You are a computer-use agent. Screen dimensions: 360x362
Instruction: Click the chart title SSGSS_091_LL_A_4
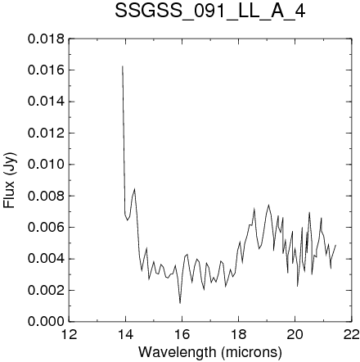[x=210, y=11]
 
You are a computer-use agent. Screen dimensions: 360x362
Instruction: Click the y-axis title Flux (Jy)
[x=10, y=181]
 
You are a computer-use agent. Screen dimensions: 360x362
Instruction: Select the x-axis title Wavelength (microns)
[x=210, y=352]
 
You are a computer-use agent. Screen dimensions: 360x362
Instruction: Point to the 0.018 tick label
[x=46, y=39]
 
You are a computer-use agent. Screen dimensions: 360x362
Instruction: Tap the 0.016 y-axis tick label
[x=46, y=70]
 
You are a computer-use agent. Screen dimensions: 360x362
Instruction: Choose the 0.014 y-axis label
[x=46, y=102]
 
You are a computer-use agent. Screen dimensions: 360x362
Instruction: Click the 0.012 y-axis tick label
[x=46, y=133]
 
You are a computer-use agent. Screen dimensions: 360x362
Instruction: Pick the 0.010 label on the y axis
[x=46, y=165]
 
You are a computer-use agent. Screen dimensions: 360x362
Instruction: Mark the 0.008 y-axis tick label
[x=46, y=196]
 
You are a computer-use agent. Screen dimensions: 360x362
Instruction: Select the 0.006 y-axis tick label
[x=46, y=227]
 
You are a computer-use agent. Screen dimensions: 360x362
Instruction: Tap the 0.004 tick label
[x=46, y=259]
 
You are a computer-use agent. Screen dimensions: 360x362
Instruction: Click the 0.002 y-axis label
[x=46, y=290]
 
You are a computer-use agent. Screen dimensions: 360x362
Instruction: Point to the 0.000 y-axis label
[x=46, y=321]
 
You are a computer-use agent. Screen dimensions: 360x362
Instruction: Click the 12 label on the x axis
[x=69, y=334]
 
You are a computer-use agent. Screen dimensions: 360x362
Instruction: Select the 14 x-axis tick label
[x=125, y=334]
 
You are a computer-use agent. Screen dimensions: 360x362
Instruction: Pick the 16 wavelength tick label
[x=182, y=334]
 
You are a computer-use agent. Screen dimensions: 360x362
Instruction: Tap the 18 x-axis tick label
[x=239, y=334]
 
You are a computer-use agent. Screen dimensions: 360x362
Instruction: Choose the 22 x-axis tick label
[x=352, y=334]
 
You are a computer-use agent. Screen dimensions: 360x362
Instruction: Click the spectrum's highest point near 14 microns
[x=123, y=66]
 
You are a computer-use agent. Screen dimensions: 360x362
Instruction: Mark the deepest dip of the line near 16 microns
[x=180, y=303]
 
